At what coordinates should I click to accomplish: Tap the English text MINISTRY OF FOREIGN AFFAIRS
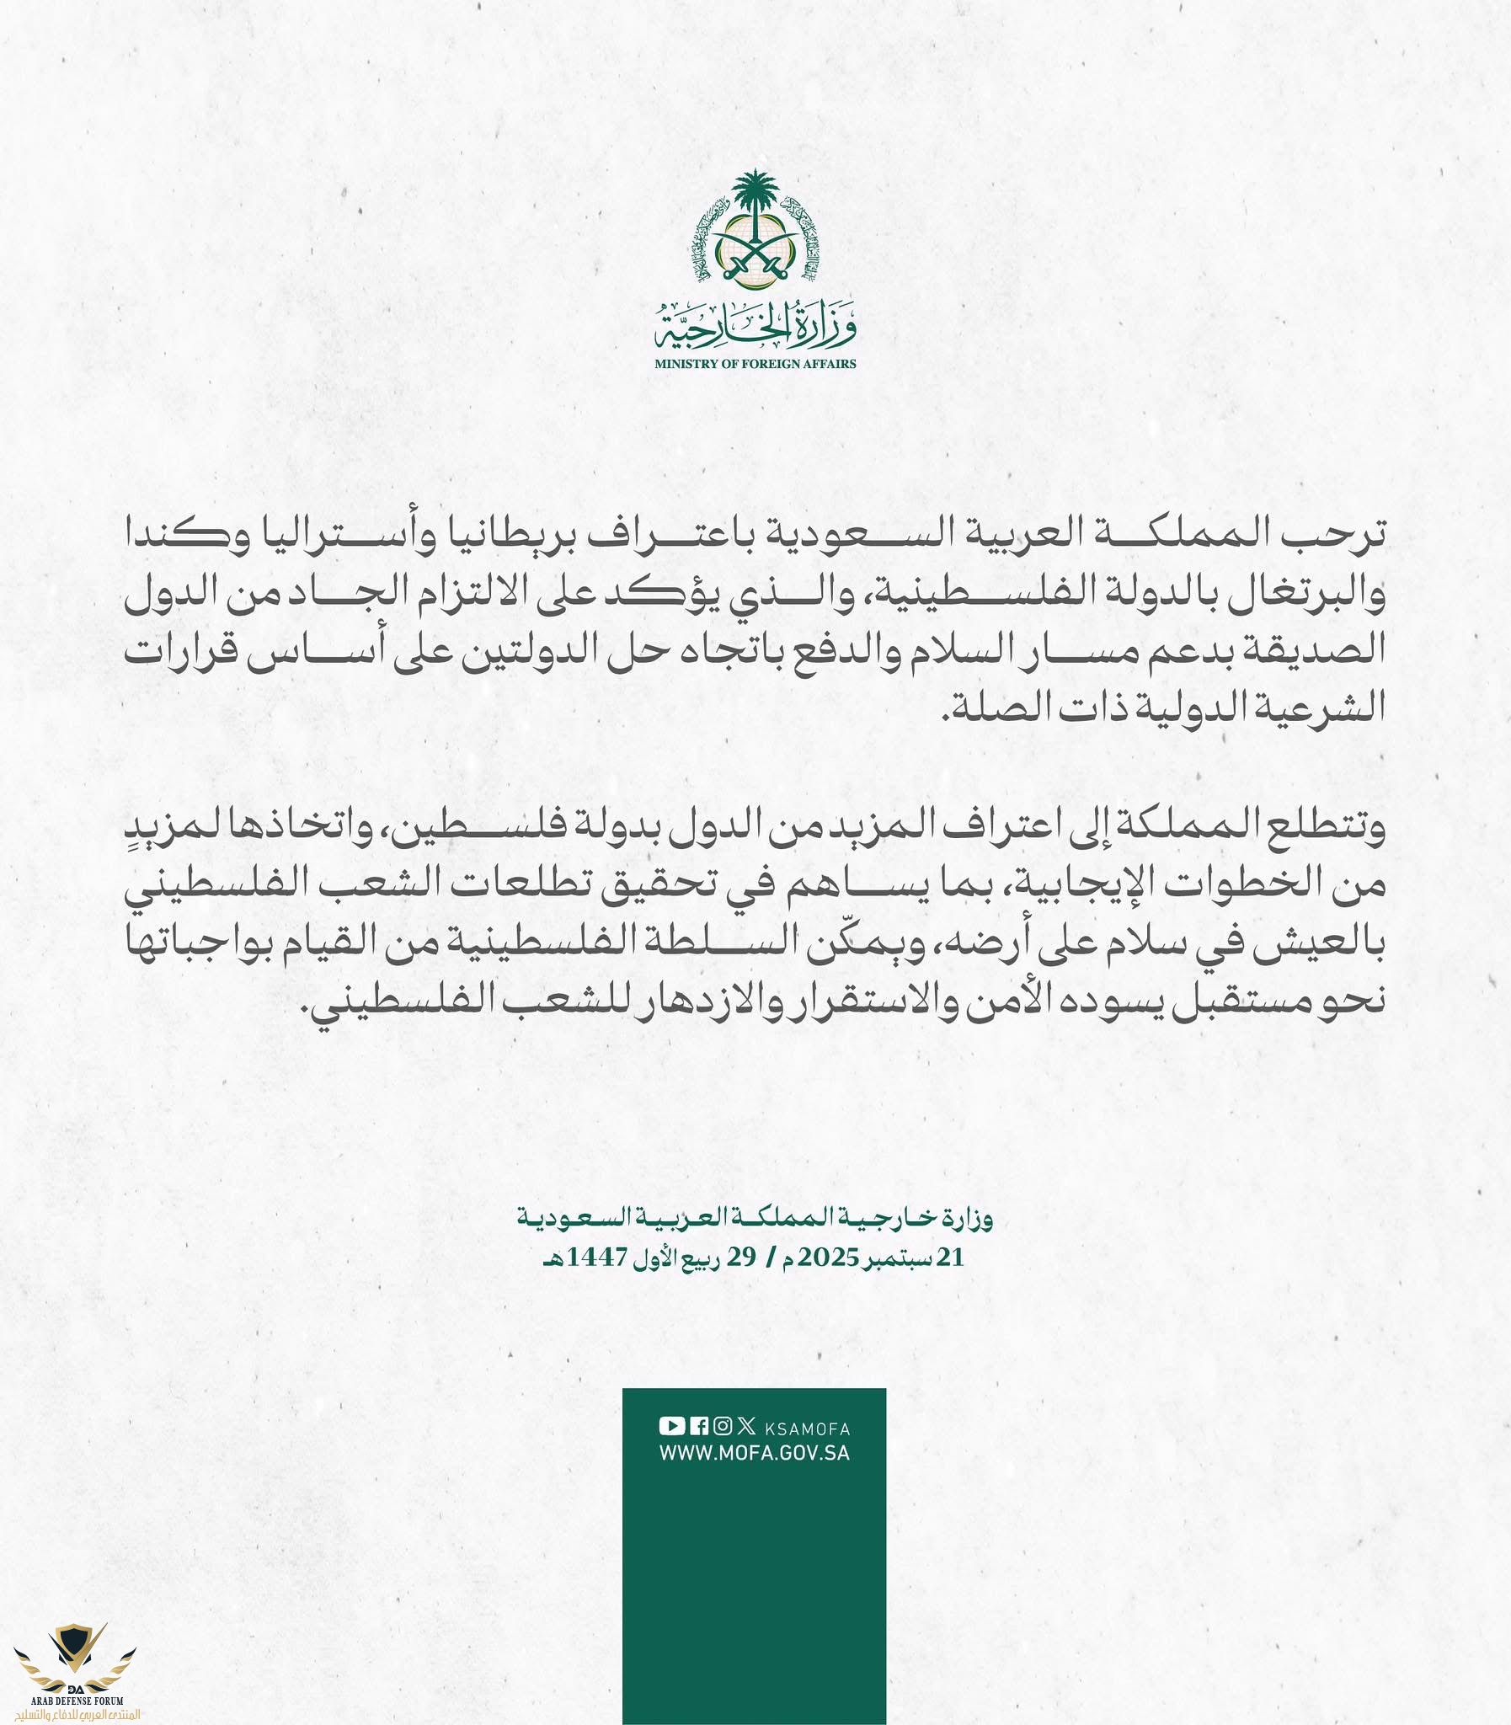pyautogui.click(x=755, y=363)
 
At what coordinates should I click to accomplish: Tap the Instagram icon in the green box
pyautogui.click(x=722, y=1426)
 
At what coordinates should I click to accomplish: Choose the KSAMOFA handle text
pyautogui.click(x=807, y=1428)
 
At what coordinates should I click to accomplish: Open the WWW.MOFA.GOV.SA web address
pyautogui.click(x=755, y=1454)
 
